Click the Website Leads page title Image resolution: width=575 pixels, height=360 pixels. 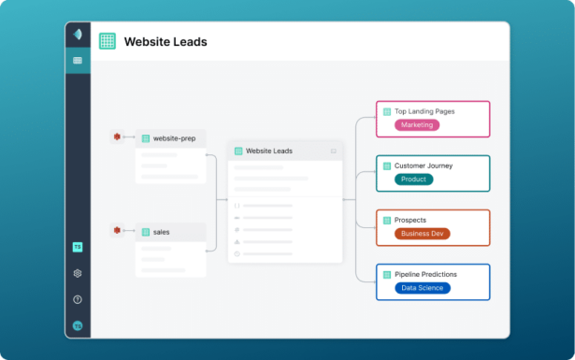pos(165,42)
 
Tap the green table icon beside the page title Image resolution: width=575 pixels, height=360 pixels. pos(108,42)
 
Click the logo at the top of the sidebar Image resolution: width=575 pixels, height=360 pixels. pos(78,35)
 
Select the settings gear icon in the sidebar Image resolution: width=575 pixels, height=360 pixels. pos(78,274)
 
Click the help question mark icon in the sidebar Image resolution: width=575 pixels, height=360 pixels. pos(78,300)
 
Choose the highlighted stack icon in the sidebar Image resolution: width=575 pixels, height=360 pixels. pos(78,61)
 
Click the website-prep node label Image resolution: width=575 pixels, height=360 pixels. pos(174,138)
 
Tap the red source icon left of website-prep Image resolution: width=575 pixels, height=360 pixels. pos(117,137)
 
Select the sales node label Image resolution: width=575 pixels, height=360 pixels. pos(161,231)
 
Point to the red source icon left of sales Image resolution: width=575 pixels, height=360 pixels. pos(117,230)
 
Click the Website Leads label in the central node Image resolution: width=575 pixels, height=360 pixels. pos(269,151)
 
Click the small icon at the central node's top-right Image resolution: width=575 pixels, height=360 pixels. pos(334,151)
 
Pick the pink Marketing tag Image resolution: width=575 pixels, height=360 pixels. pos(416,124)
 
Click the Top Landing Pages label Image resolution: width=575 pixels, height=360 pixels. pos(424,111)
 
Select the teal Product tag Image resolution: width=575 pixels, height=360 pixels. pos(412,179)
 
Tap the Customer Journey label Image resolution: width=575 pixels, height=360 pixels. pos(424,166)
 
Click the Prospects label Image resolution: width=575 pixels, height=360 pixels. pos(410,221)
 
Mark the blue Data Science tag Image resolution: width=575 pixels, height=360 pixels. pos(423,288)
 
